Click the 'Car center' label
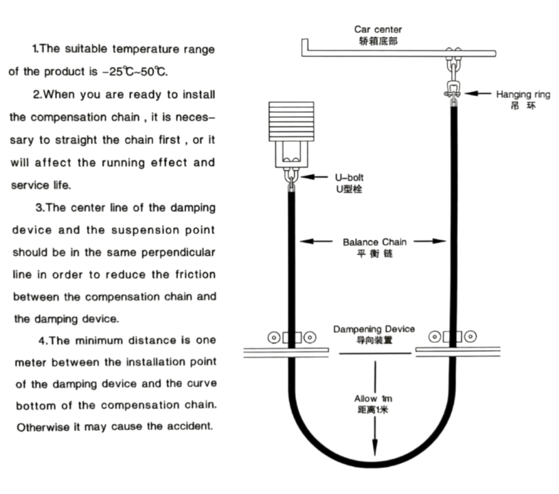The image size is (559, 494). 377,30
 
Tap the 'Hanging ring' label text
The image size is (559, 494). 523,94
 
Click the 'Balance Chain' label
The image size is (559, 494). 374,242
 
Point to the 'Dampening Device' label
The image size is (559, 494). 374,329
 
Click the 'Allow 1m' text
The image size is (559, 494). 373,398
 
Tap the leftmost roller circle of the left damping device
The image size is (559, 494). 274,338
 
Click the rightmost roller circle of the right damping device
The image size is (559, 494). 470,336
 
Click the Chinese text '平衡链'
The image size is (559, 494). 374,253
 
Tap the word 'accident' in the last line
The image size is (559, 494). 190,426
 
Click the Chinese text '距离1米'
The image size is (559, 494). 373,410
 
